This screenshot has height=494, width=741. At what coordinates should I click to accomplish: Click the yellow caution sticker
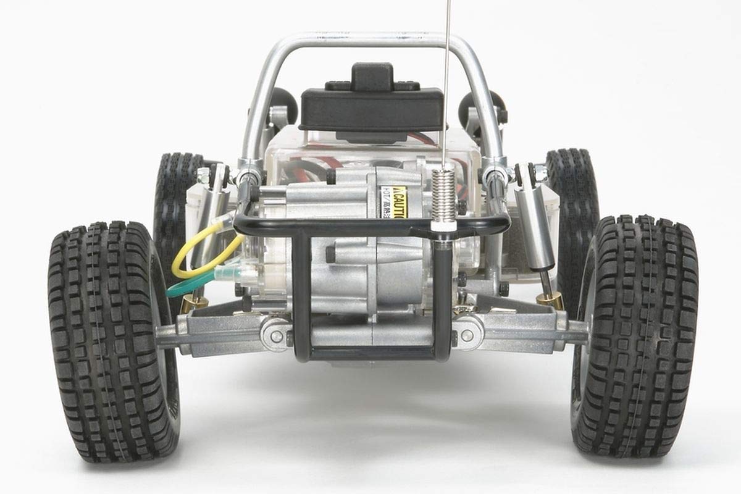[x=400, y=203]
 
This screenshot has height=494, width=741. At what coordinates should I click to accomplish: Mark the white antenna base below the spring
[x=443, y=226]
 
